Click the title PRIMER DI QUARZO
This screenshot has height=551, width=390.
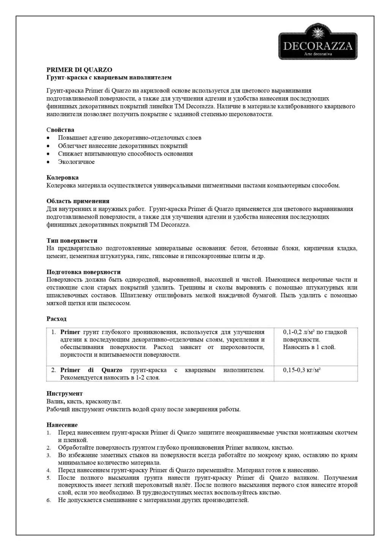79,70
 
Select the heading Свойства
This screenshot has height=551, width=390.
60,130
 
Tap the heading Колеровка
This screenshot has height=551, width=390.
62,178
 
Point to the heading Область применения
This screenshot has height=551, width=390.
78,201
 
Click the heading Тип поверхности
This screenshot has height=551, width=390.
72,241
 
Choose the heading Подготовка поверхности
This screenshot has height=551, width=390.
83,272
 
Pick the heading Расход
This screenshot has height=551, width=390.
56,319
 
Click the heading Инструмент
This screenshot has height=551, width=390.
64,394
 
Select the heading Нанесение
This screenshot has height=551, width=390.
62,425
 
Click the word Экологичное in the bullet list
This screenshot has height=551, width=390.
76,162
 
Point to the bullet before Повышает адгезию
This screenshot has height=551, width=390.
48,138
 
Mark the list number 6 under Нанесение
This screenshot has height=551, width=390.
49,501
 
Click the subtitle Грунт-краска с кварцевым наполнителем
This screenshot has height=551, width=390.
109,78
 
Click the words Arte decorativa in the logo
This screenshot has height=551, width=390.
318,54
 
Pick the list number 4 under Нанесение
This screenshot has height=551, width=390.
49,471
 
